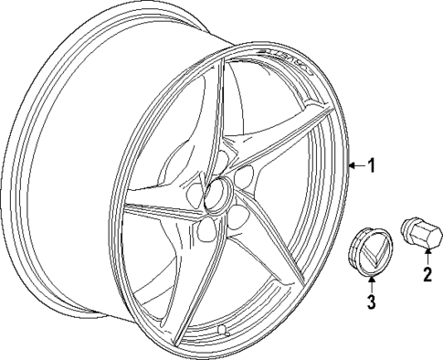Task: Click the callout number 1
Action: click(x=371, y=165)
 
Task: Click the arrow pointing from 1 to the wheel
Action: click(x=356, y=165)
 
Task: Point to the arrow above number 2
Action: click(x=426, y=257)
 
